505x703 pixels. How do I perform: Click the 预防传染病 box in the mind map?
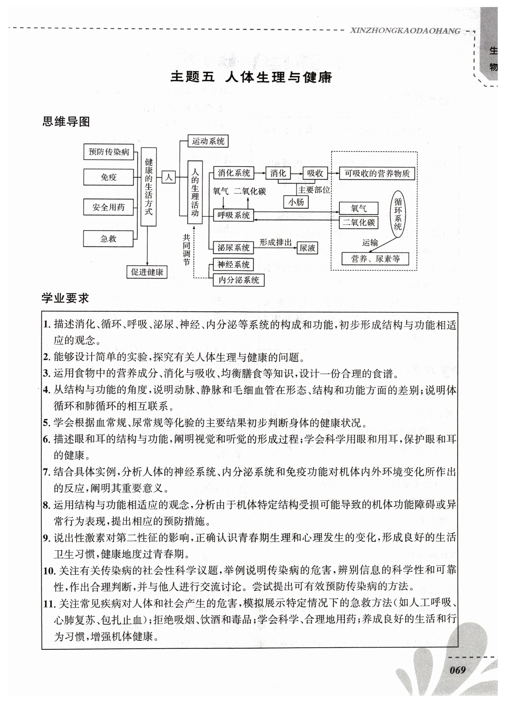[108, 152]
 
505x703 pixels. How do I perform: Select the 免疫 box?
[108, 177]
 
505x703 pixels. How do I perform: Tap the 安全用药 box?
[108, 207]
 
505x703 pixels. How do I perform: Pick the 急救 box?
[108, 239]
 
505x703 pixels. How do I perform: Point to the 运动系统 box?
[208, 141]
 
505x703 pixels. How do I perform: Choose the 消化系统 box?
[234, 173]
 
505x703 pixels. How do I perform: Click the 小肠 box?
[296, 202]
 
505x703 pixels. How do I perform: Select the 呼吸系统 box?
[233, 215]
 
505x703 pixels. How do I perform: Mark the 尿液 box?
[307, 248]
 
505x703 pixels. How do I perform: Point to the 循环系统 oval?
[398, 214]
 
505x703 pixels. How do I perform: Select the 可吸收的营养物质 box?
[377, 174]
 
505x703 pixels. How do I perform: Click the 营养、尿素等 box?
[375, 259]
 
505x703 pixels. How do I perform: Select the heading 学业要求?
[65, 298]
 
